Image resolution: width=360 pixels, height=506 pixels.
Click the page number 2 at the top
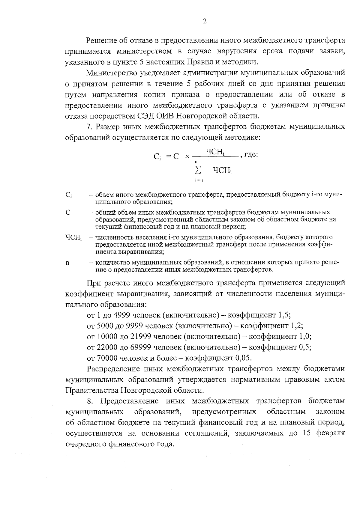pyautogui.click(x=205, y=21)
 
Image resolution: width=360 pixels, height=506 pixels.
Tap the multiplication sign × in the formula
pyautogui.click(x=187, y=156)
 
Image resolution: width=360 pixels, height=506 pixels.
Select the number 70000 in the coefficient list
pyautogui.click(x=107, y=358)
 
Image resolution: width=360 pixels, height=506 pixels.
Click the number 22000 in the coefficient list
pyautogui.click(x=107, y=347)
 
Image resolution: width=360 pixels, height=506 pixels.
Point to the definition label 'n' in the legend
pyautogui.click(x=67, y=263)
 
